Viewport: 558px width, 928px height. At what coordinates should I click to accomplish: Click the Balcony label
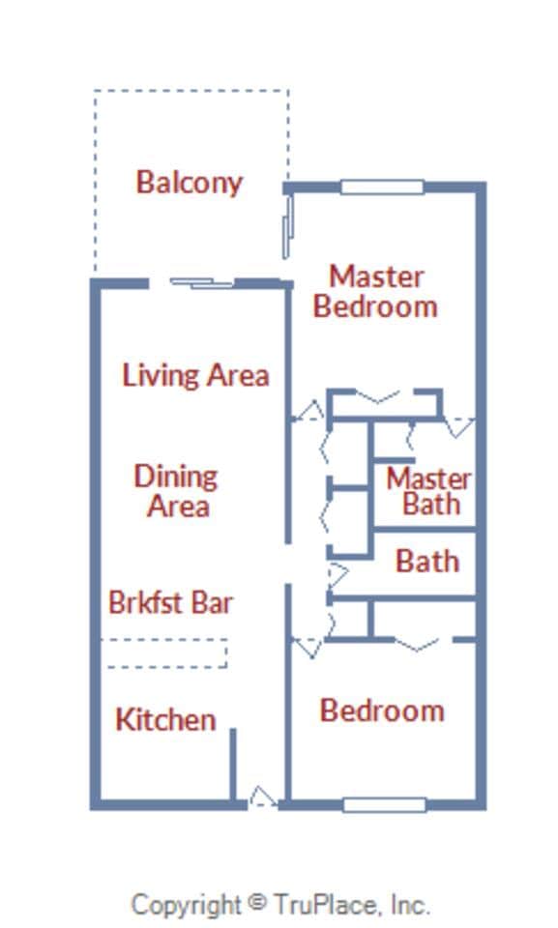(189, 182)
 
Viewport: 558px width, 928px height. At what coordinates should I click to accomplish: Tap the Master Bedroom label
(376, 291)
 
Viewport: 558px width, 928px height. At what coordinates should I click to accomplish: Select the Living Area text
(195, 374)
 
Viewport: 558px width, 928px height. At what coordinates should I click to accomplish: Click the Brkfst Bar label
(170, 602)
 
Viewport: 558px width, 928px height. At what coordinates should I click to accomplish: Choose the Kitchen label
(165, 719)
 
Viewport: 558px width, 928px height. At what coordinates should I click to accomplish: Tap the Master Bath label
(429, 491)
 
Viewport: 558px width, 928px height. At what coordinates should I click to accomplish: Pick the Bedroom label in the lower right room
(382, 710)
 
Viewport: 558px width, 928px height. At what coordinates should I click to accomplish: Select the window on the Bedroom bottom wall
(384, 804)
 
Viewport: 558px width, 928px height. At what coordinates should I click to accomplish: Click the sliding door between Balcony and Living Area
(201, 283)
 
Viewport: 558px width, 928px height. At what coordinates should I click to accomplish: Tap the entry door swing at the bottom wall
(262, 797)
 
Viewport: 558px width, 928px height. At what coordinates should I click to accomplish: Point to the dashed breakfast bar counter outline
(164, 653)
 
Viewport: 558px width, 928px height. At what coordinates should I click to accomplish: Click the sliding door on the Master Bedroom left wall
(286, 224)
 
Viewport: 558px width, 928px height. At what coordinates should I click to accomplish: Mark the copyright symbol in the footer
(256, 902)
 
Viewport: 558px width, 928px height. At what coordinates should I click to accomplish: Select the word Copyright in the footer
(186, 905)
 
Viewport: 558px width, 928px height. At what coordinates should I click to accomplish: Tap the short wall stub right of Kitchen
(233, 765)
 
